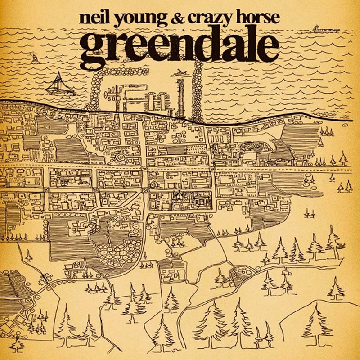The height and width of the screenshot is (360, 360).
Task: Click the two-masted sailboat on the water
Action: tap(61, 85)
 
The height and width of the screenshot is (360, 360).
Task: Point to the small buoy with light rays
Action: tap(34, 58)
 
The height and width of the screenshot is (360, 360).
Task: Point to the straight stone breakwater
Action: tap(197, 90)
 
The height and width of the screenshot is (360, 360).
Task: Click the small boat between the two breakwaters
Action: tap(180, 72)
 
